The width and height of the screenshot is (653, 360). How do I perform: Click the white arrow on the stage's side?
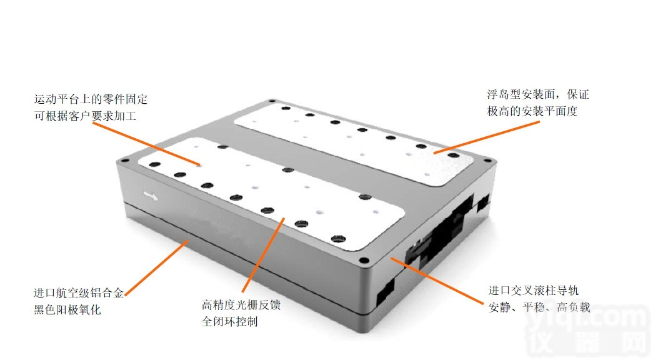151,196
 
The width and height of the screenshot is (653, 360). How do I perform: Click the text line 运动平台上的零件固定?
91,99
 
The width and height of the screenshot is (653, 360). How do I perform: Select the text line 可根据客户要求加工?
86,116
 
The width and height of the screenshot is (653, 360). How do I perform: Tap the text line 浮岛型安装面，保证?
538,94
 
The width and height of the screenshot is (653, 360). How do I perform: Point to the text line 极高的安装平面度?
532,111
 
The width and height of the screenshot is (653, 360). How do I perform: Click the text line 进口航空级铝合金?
79,293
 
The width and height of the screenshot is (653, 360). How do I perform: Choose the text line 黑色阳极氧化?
67,310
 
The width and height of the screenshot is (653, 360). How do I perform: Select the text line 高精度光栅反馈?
241,305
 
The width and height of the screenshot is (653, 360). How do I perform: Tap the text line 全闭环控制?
230,322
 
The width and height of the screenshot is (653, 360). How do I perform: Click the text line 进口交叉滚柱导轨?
534,291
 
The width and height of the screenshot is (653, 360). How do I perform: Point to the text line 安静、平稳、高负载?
539,307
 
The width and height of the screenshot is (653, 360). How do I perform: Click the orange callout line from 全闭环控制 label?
263,254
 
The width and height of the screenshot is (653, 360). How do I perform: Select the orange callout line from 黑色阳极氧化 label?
157,268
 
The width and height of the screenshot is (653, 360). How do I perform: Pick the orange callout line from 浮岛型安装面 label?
486,137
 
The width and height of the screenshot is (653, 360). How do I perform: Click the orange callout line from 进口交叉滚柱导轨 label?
436,281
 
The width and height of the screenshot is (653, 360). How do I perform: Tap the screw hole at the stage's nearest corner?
364,261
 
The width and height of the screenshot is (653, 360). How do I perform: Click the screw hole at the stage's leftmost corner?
123,161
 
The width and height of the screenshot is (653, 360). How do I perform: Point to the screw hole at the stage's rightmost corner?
487,161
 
